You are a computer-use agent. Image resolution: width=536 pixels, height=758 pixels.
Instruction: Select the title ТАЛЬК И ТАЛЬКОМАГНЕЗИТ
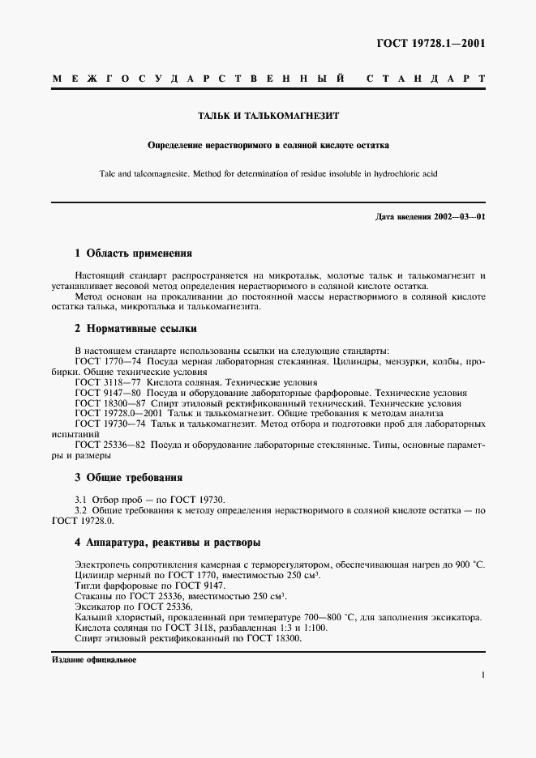coord(268,116)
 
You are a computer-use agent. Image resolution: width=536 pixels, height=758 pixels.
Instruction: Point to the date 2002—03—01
coord(457,217)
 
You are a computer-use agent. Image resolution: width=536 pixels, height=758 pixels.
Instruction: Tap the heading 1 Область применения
coord(133,253)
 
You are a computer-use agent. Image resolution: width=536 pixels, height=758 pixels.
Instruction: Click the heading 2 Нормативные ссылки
coord(135,329)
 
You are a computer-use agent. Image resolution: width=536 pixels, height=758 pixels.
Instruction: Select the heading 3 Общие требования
coord(128,477)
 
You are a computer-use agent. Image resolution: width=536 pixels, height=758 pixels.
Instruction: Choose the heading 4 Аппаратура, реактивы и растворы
coord(168,542)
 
